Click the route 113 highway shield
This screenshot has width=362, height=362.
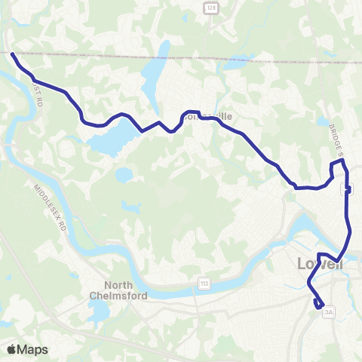(x=204, y=283)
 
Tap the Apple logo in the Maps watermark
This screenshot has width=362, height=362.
(x=12, y=349)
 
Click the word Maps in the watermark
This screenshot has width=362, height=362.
(x=32, y=349)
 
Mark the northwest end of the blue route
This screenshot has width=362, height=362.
(x=12, y=54)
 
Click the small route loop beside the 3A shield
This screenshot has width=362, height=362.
(x=320, y=304)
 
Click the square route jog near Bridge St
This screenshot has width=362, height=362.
(x=337, y=169)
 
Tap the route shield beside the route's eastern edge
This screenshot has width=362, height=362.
(x=348, y=189)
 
